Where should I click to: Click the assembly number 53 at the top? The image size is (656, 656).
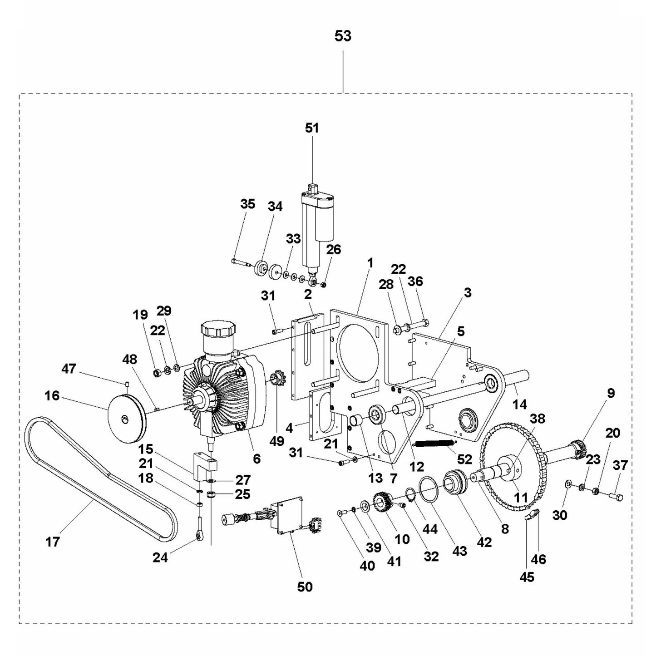click(x=343, y=35)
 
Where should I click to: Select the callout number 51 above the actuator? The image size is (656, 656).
click(x=312, y=128)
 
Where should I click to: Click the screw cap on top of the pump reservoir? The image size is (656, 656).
click(x=219, y=329)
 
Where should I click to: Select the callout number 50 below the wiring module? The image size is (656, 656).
click(x=305, y=587)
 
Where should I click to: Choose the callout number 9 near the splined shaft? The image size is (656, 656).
click(x=611, y=393)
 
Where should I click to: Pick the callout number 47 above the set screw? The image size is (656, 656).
click(x=69, y=369)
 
